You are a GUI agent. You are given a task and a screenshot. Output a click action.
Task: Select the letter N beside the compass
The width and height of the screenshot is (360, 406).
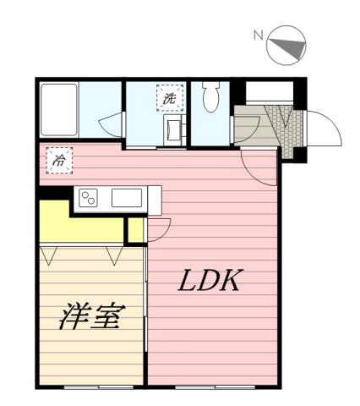[258, 36]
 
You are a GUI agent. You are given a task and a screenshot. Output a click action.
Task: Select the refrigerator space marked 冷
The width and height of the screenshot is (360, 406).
[58, 160]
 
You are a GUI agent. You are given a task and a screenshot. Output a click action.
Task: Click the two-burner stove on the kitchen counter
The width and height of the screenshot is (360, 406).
[89, 199]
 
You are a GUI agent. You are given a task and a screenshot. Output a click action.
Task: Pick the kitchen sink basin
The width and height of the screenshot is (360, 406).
[128, 199]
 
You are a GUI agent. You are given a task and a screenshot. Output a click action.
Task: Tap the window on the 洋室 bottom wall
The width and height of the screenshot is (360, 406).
[93, 387]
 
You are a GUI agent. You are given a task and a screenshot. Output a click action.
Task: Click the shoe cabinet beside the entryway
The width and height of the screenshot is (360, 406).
[247, 127]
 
